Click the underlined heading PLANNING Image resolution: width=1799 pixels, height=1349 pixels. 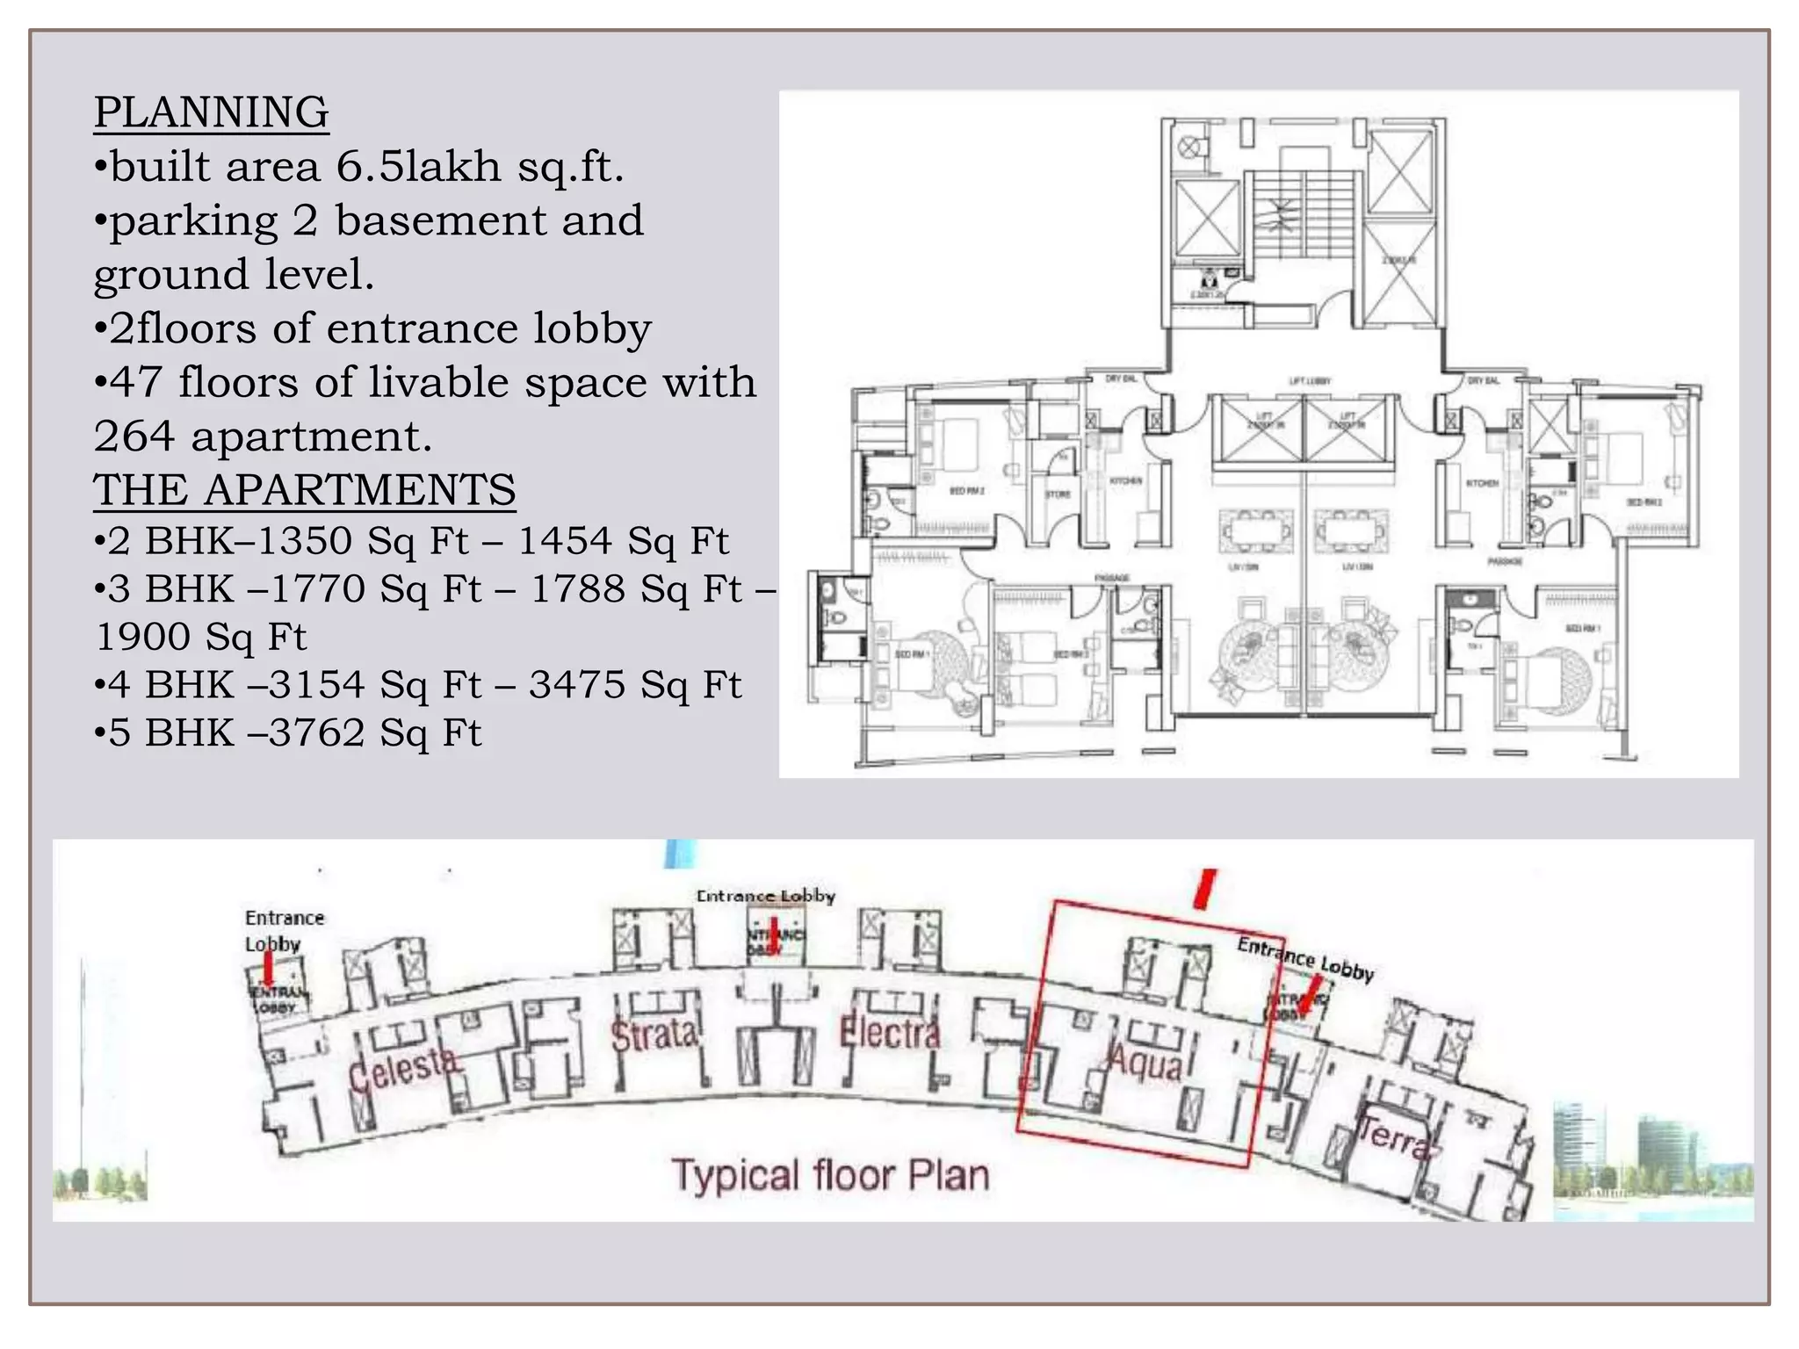pyautogui.click(x=211, y=112)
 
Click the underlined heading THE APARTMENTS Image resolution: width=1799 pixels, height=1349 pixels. pyautogui.click(x=304, y=490)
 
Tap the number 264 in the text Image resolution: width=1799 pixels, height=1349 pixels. pyautogui.click(x=135, y=436)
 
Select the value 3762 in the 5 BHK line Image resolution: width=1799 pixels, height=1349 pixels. pyautogui.click(x=316, y=733)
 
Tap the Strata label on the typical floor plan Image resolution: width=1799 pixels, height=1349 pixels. pyautogui.click(x=654, y=1035)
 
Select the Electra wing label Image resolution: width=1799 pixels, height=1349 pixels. pyautogui.click(x=888, y=1032)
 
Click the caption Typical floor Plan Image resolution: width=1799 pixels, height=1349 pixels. pyautogui.click(x=830, y=1176)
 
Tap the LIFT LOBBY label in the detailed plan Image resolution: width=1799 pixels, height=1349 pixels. pyautogui.click(x=1310, y=381)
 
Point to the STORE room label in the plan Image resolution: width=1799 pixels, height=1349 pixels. pyautogui.click(x=1058, y=494)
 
